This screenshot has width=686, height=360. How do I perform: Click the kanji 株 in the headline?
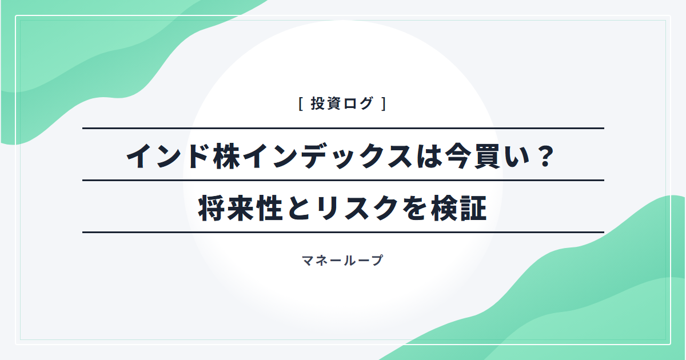227,157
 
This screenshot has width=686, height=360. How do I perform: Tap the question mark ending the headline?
546,157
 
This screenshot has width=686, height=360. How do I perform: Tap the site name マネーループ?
342,261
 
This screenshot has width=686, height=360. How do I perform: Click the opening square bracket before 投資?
301,103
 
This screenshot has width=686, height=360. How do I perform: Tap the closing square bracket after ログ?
384,103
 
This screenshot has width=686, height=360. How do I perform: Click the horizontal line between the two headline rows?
343,181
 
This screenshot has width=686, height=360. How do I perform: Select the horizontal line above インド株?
343,128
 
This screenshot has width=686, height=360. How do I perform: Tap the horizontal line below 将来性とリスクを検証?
343,233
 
